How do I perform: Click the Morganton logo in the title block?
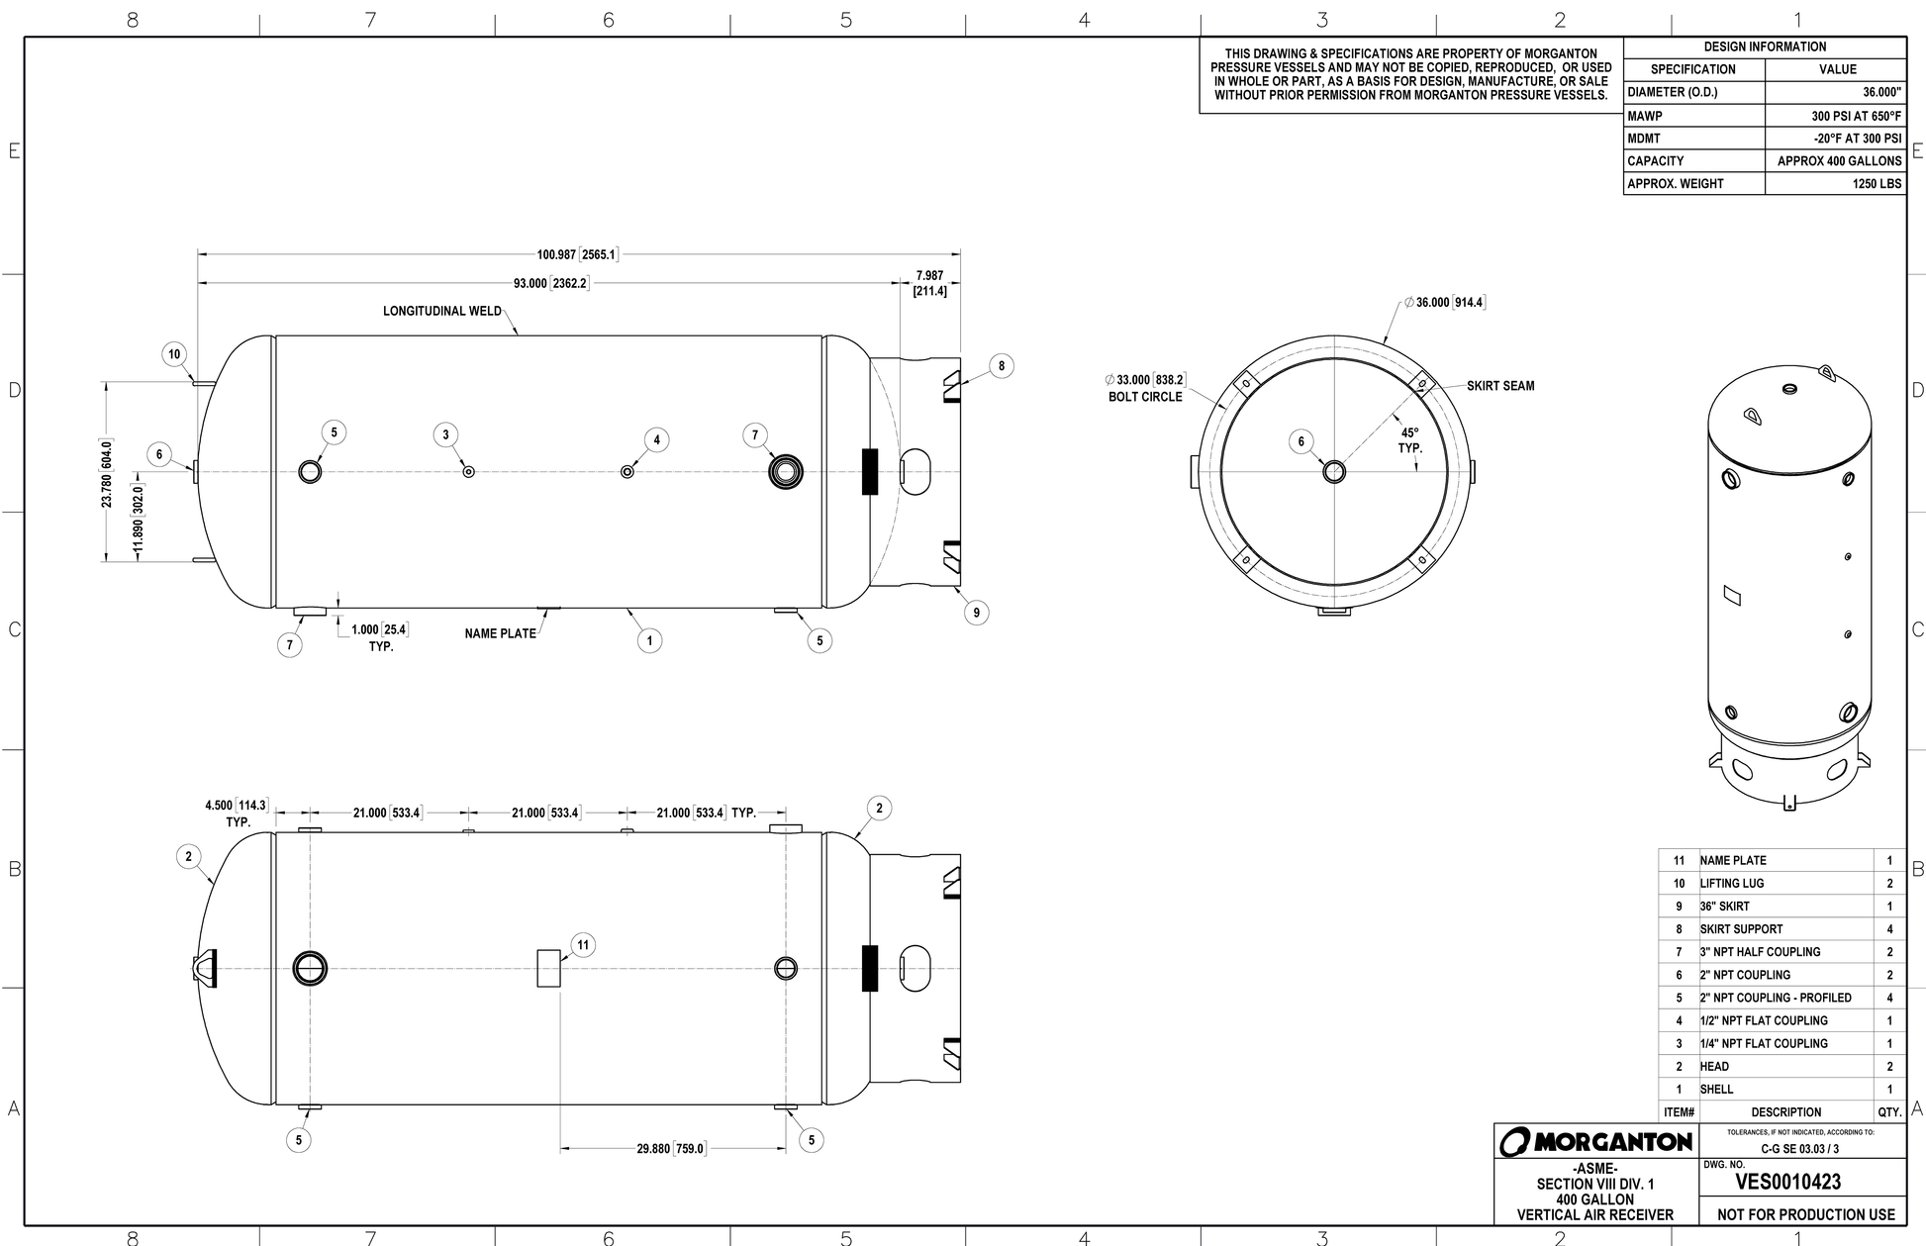click(1595, 1142)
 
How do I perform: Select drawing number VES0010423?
click(1787, 1183)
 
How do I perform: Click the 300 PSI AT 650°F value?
click(1857, 116)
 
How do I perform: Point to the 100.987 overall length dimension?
click(577, 254)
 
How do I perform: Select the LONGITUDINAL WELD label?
click(442, 311)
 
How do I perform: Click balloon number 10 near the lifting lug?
click(174, 354)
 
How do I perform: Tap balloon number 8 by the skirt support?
click(1002, 366)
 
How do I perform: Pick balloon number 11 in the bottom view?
click(583, 945)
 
